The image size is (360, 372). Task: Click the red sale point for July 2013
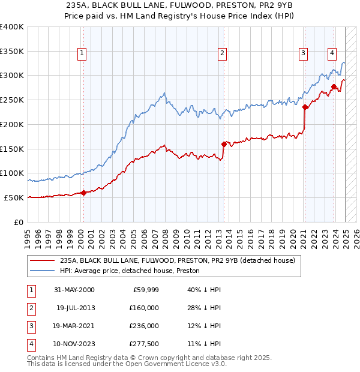(x=224, y=144)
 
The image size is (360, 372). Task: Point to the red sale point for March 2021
(x=305, y=107)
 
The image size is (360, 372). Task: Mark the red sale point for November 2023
(x=333, y=87)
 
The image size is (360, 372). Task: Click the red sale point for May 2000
(x=83, y=193)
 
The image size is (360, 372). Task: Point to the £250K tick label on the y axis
(x=12, y=100)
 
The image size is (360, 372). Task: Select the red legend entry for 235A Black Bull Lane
(x=177, y=261)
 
